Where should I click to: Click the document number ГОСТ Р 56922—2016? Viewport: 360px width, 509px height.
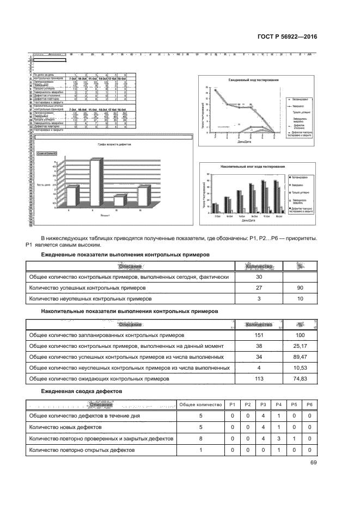point(288,37)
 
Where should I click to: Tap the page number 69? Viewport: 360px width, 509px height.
point(313,463)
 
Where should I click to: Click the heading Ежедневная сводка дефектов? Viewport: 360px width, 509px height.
point(81,391)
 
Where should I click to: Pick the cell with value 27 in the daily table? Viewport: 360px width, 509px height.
point(259,288)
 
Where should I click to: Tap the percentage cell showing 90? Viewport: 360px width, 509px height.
point(299,288)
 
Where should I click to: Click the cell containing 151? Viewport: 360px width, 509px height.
point(259,335)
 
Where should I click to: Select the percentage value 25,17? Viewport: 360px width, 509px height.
point(299,346)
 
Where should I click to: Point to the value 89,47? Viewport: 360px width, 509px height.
point(299,357)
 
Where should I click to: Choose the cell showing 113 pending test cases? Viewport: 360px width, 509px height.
point(259,379)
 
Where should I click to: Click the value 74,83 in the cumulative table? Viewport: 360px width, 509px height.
point(299,379)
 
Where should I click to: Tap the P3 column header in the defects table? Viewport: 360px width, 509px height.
point(263,404)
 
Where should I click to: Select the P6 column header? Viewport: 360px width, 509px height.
point(309,404)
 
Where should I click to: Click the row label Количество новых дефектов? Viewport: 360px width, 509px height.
point(63,427)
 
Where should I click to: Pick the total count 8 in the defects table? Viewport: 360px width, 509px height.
point(200,438)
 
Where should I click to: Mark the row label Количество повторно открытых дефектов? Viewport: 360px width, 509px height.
point(81,450)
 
